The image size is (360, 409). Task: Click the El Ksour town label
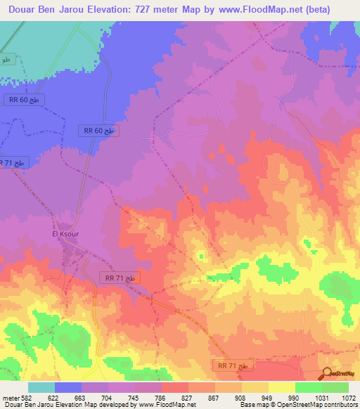tap(65, 234)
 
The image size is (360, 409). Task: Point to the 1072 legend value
tap(349, 397)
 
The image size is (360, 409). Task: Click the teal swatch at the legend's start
tap(41, 387)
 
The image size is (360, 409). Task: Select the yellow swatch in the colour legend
tap(281, 387)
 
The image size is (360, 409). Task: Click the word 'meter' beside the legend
tap(10, 397)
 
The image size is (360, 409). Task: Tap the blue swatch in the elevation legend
tap(68, 387)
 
